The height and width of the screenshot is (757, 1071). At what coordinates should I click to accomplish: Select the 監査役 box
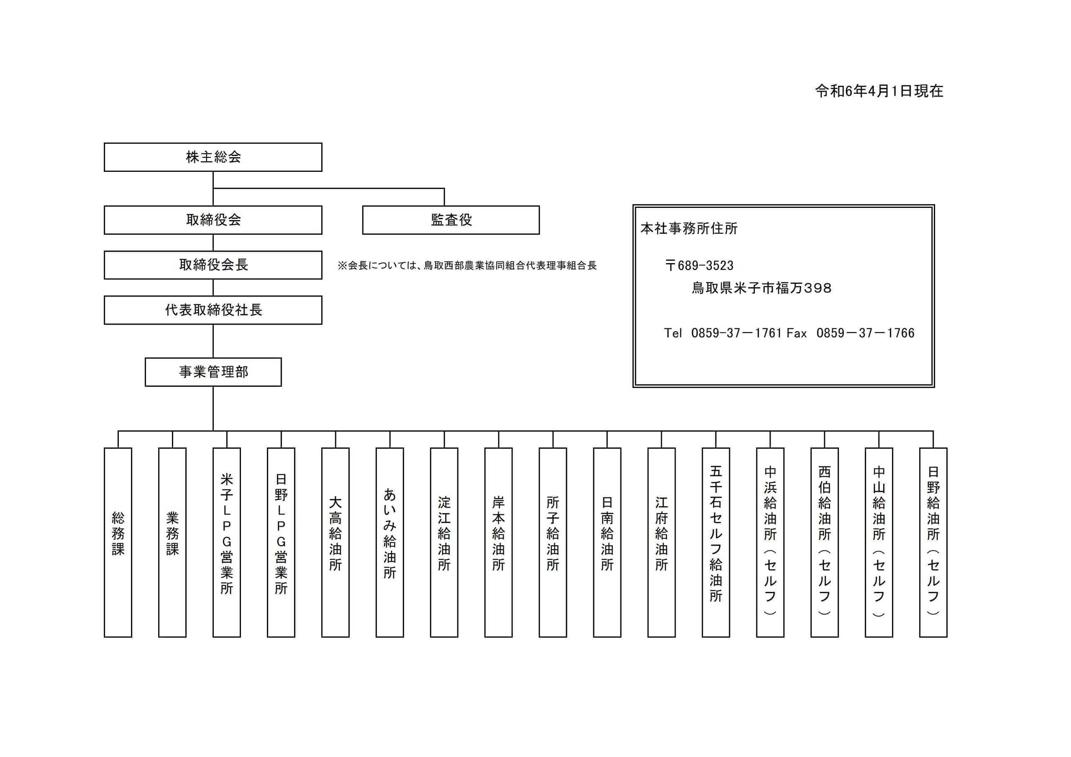[451, 220]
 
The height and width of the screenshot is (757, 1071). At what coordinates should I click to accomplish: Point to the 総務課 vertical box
[118, 542]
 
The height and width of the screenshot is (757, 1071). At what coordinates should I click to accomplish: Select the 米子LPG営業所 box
[227, 542]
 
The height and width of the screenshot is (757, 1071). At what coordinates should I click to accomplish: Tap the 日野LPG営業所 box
[281, 542]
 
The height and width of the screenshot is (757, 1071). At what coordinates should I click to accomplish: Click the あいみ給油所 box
[389, 542]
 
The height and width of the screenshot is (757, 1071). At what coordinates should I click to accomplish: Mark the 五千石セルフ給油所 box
[715, 542]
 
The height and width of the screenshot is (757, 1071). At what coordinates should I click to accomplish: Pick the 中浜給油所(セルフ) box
[770, 542]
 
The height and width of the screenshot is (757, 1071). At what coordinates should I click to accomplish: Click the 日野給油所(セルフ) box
[933, 542]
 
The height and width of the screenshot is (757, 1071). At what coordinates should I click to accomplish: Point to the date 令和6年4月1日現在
[879, 91]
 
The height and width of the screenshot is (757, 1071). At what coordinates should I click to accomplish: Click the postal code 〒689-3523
[699, 266]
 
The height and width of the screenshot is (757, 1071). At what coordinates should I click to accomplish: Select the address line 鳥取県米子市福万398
[761, 288]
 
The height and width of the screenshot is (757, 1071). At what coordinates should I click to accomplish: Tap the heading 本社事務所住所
[689, 228]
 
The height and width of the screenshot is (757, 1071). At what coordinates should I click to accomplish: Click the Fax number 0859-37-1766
[865, 332]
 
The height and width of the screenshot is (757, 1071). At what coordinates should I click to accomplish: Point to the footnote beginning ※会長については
[467, 266]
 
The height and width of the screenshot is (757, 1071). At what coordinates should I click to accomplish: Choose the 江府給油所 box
[661, 542]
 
